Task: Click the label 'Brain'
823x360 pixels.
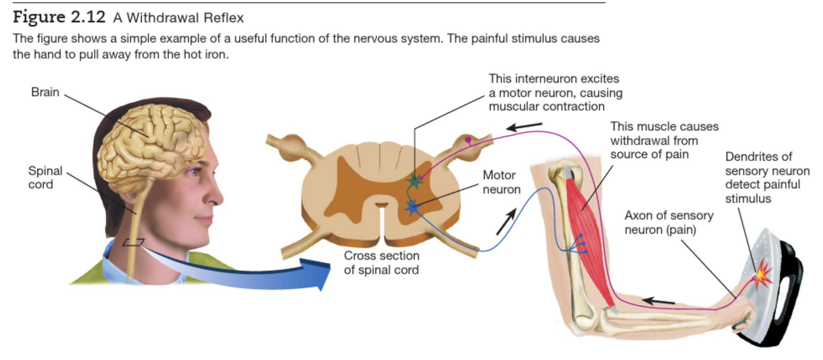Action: point(45,92)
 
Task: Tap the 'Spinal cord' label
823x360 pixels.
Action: point(45,177)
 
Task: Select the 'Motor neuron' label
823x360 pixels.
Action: point(501,182)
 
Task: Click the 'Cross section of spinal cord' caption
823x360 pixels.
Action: point(381,262)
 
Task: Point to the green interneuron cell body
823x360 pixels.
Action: point(415,181)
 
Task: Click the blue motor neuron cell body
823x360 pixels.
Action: point(411,207)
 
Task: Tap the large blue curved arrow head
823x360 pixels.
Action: point(318,274)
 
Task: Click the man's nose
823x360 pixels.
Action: point(217,196)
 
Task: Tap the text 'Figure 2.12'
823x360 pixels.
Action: point(59,17)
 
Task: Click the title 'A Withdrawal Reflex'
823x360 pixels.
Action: point(178,18)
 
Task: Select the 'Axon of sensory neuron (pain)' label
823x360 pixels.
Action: point(668,222)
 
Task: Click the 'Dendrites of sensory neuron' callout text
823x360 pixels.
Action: point(767,177)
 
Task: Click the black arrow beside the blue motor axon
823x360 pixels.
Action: point(507,222)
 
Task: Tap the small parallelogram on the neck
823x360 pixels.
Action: point(133,242)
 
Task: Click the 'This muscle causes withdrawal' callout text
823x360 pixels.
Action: point(664,140)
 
